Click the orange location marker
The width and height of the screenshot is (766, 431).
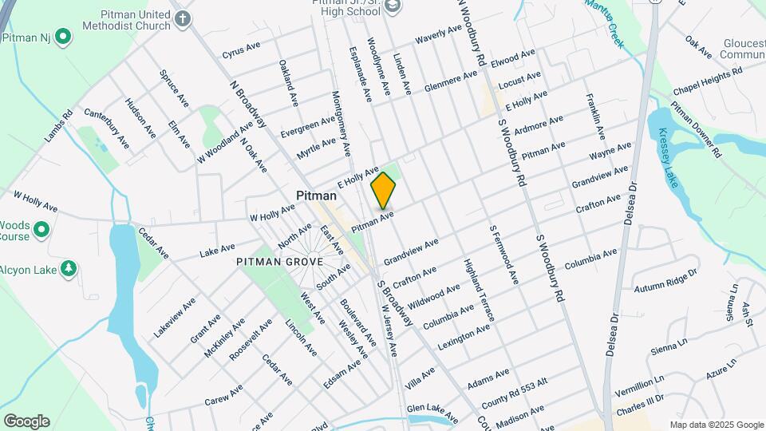click(383, 191)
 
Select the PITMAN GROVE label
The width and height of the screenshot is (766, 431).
click(279, 261)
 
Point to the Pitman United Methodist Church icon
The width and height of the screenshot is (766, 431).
click(183, 18)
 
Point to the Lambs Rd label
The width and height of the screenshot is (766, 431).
click(58, 125)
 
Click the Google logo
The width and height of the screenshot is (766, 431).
click(26, 421)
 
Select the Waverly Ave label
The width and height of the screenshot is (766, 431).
click(439, 35)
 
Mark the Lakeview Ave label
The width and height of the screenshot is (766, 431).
click(175, 318)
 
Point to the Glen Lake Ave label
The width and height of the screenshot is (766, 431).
click(432, 413)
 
